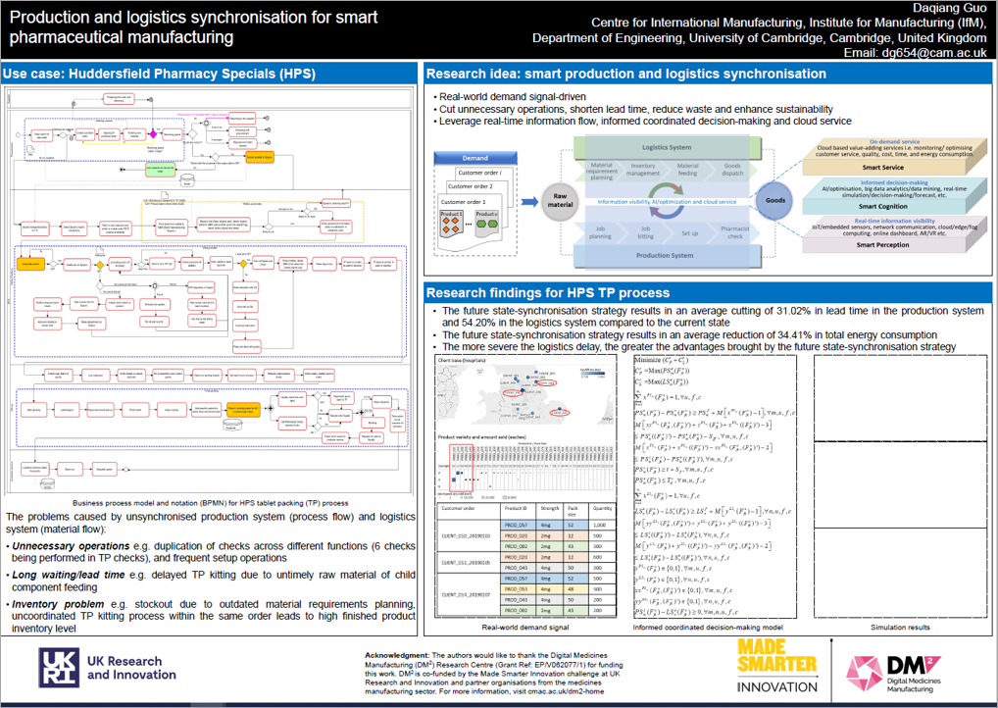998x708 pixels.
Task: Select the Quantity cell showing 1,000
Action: coord(601,526)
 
